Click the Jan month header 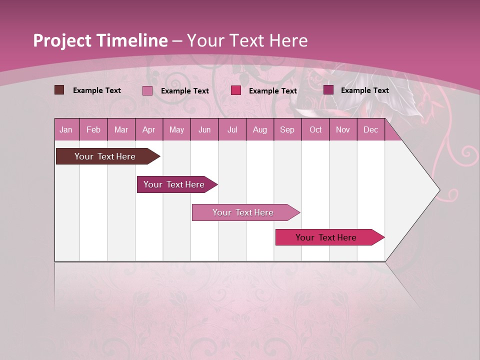[66, 129]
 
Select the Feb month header [93, 129]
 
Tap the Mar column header [121, 129]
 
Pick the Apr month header [149, 129]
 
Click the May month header [176, 129]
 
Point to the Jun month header [204, 129]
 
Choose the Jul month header [232, 129]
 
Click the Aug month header [259, 129]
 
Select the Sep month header [287, 129]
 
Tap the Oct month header [315, 129]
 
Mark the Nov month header [343, 129]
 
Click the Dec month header [371, 129]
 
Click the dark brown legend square [59, 90]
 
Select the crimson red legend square [236, 90]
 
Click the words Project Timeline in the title [100, 40]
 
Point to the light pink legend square [147, 90]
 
